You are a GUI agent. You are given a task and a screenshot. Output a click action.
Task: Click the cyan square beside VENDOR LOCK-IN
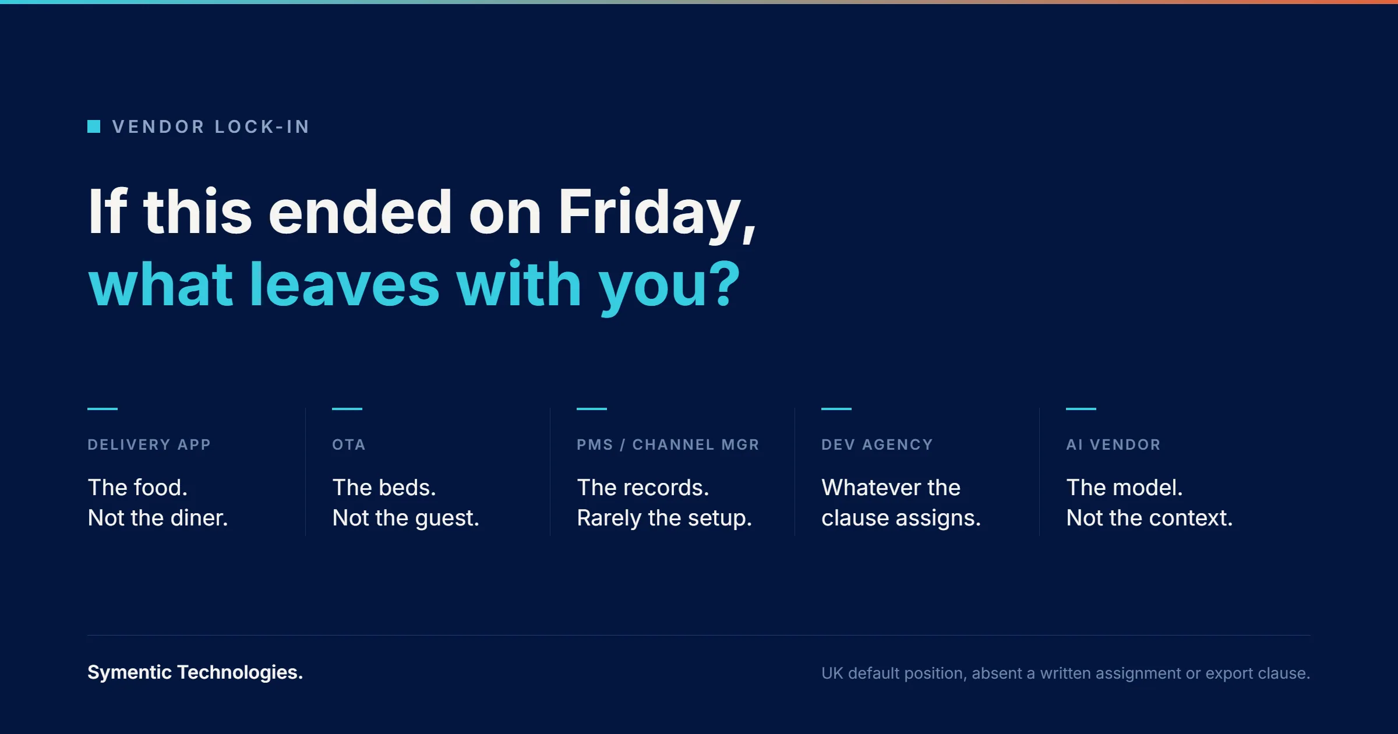[x=94, y=126]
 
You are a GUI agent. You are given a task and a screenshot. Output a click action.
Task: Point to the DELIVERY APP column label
[x=149, y=444]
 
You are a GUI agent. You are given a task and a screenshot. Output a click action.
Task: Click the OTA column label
[x=349, y=444]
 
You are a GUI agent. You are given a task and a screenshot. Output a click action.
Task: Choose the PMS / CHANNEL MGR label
[x=668, y=444]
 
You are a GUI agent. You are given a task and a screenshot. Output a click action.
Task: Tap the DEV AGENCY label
[x=877, y=444]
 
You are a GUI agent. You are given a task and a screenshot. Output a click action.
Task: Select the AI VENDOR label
[x=1113, y=444]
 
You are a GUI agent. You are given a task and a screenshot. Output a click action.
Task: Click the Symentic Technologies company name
[x=195, y=672]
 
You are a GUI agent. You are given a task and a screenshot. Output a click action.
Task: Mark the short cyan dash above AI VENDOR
[x=1081, y=409]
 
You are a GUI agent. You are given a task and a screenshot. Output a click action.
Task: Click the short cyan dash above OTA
[x=347, y=409]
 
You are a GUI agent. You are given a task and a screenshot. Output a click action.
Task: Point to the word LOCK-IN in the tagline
[x=262, y=126]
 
